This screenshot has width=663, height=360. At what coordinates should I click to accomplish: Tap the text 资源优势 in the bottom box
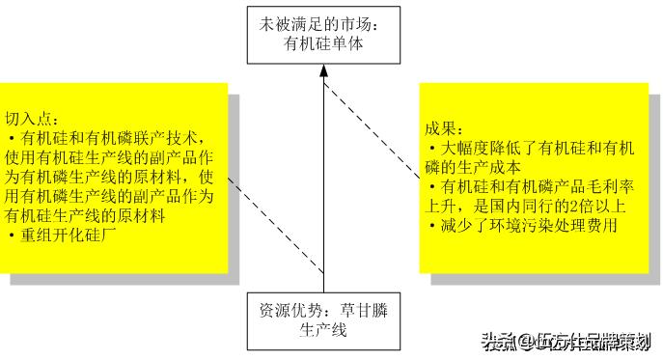[287, 311]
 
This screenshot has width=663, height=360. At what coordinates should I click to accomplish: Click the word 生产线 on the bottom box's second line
[323, 330]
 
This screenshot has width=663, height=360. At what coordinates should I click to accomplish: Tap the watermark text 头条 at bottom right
[496, 342]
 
